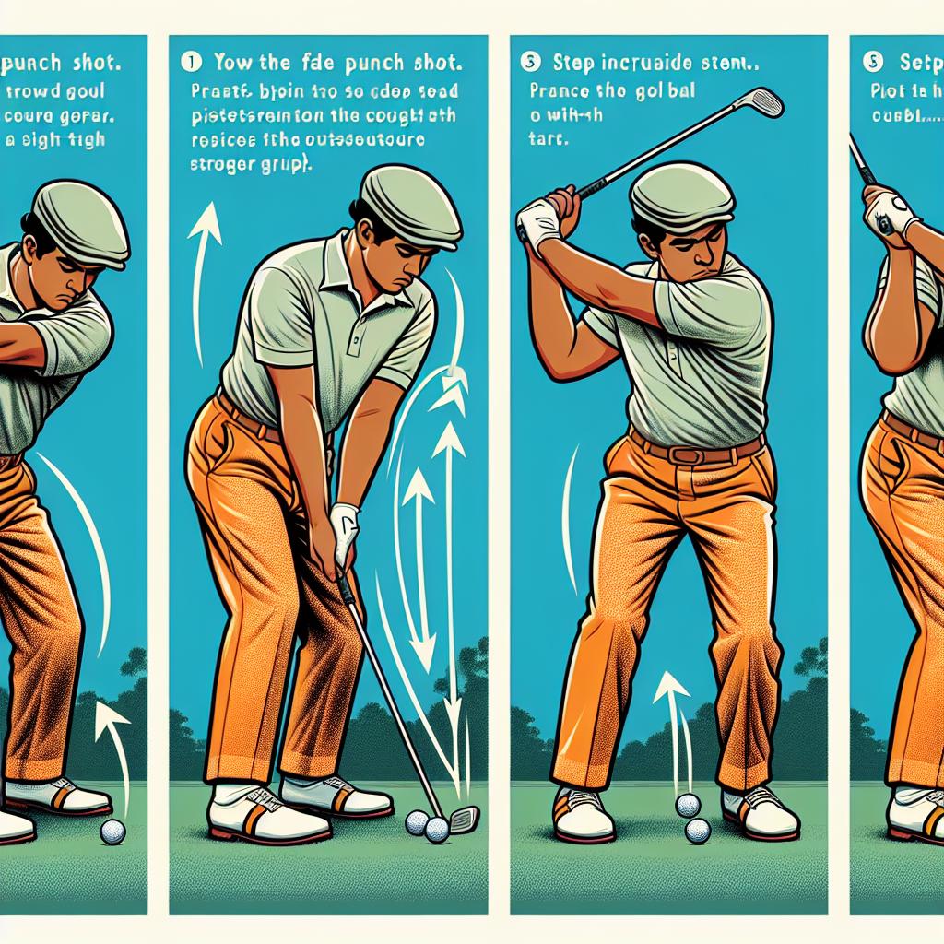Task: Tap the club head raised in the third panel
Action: pyautogui.click(x=761, y=100)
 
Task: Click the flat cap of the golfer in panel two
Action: pyautogui.click(x=411, y=204)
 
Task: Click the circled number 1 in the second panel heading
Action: pyautogui.click(x=192, y=64)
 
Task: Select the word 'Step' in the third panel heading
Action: pyautogui.click(x=574, y=65)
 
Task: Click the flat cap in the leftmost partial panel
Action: pyautogui.click(x=81, y=221)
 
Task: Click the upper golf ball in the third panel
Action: pyautogui.click(x=687, y=805)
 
